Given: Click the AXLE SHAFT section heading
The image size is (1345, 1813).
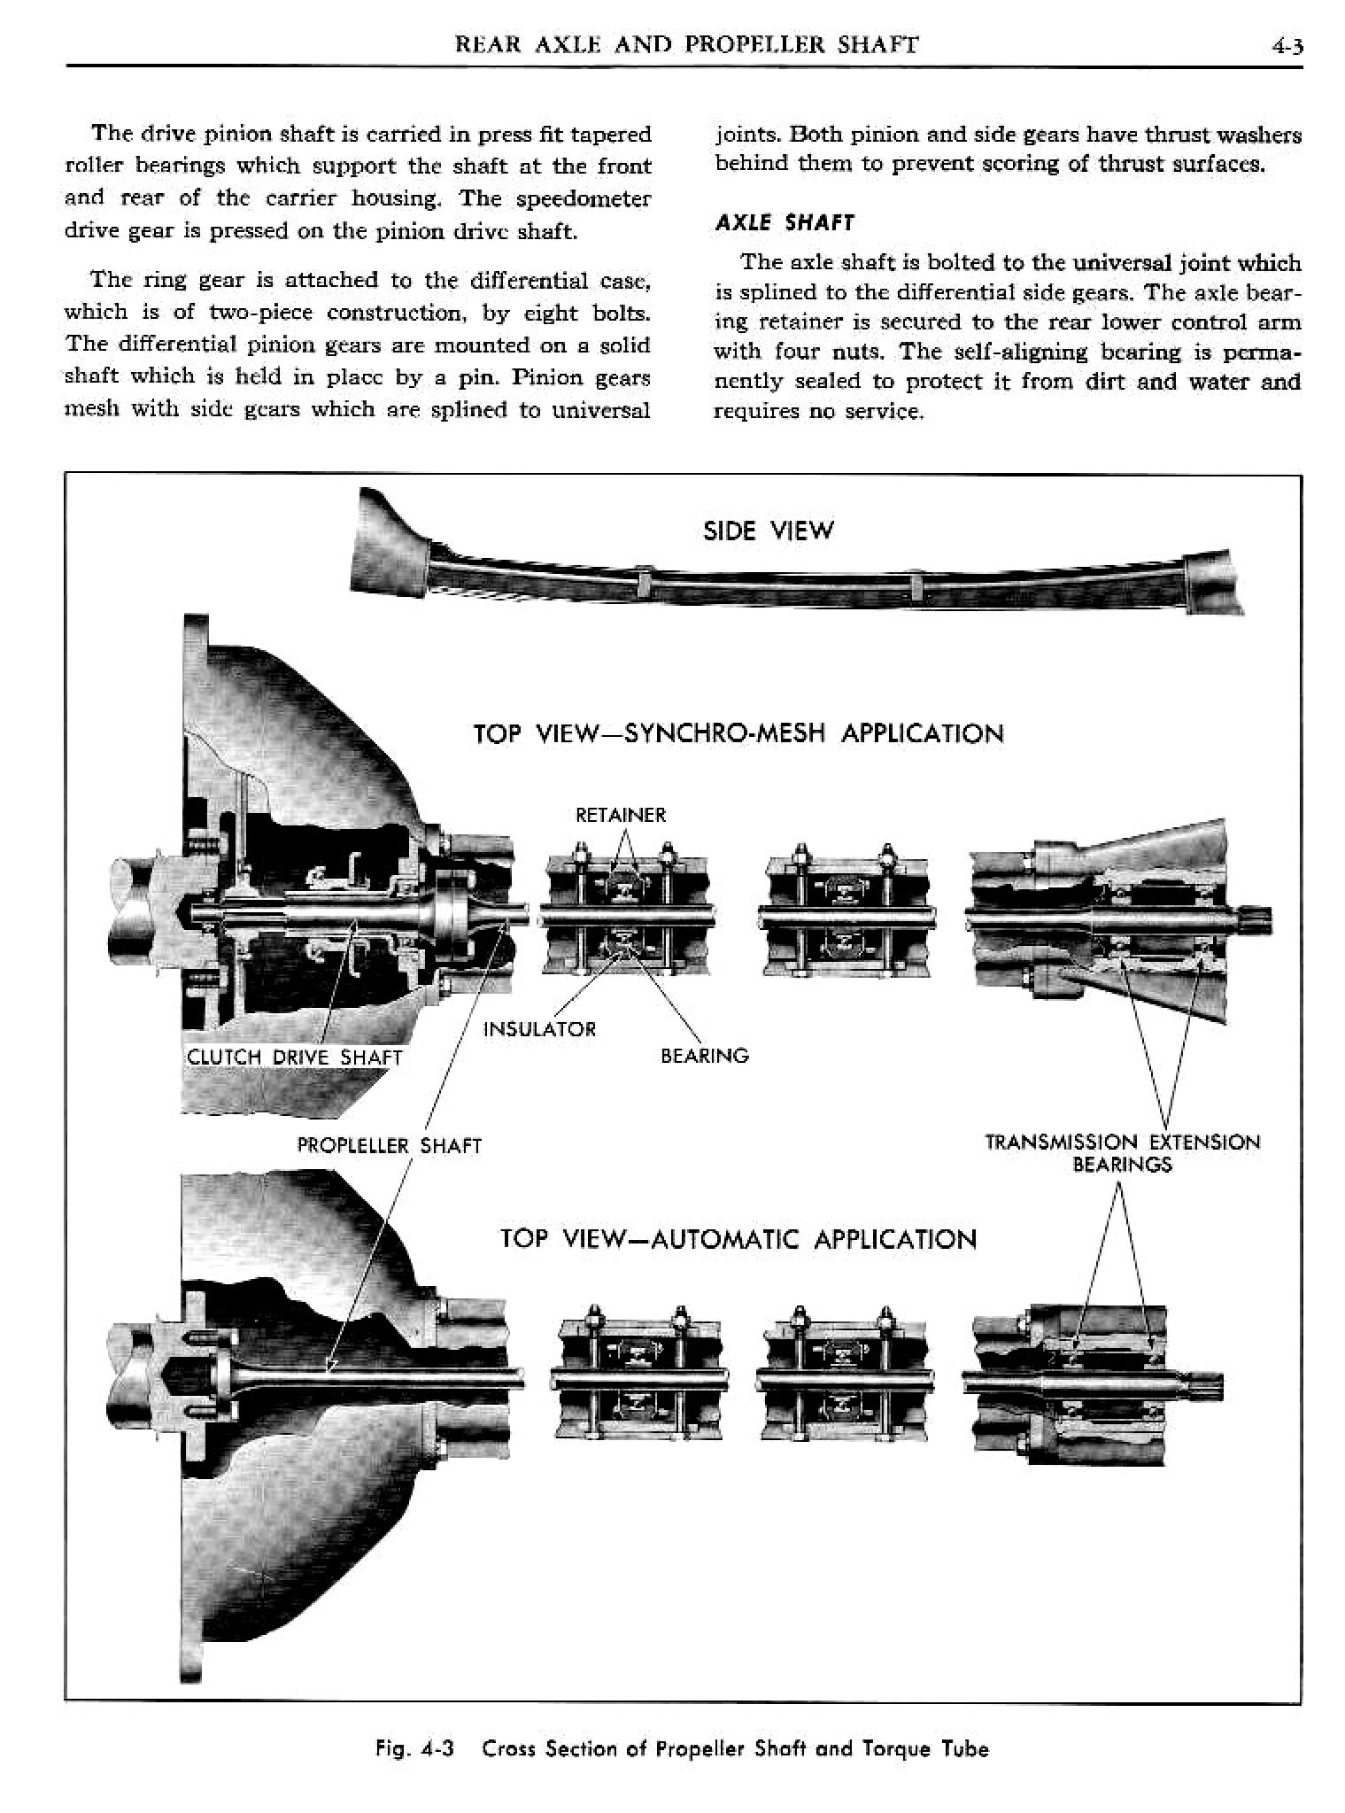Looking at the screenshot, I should point(784,222).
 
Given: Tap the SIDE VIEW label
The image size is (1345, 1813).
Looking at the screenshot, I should point(768,531).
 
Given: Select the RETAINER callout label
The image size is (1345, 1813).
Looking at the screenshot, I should point(620,815).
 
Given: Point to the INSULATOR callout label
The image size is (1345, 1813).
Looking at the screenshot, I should point(539,1029).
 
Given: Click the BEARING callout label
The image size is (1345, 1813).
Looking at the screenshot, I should point(705,1056).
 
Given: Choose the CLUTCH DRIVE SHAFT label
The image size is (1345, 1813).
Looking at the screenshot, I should point(294,1058).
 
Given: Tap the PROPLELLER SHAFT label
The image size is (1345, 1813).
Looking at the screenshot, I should point(389,1146).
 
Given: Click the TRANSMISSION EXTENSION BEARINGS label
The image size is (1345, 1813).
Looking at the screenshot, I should point(1122,1152).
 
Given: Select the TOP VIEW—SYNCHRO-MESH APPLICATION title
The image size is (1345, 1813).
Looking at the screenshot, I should point(738,734).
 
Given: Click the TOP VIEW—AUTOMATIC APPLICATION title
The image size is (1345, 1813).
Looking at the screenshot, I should point(738,1238).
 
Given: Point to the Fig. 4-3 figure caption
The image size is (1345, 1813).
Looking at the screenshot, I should point(682,1749).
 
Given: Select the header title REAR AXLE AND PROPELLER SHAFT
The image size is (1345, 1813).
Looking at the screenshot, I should point(685,44).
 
